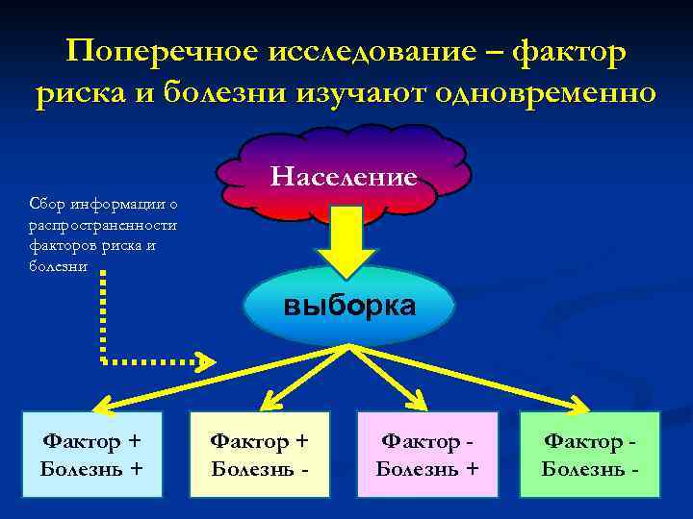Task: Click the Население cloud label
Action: click(344, 177)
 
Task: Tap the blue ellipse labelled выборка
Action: click(347, 308)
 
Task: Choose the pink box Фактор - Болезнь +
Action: click(427, 455)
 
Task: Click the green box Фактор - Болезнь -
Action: click(590, 455)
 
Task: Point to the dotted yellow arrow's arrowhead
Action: click(205, 362)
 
